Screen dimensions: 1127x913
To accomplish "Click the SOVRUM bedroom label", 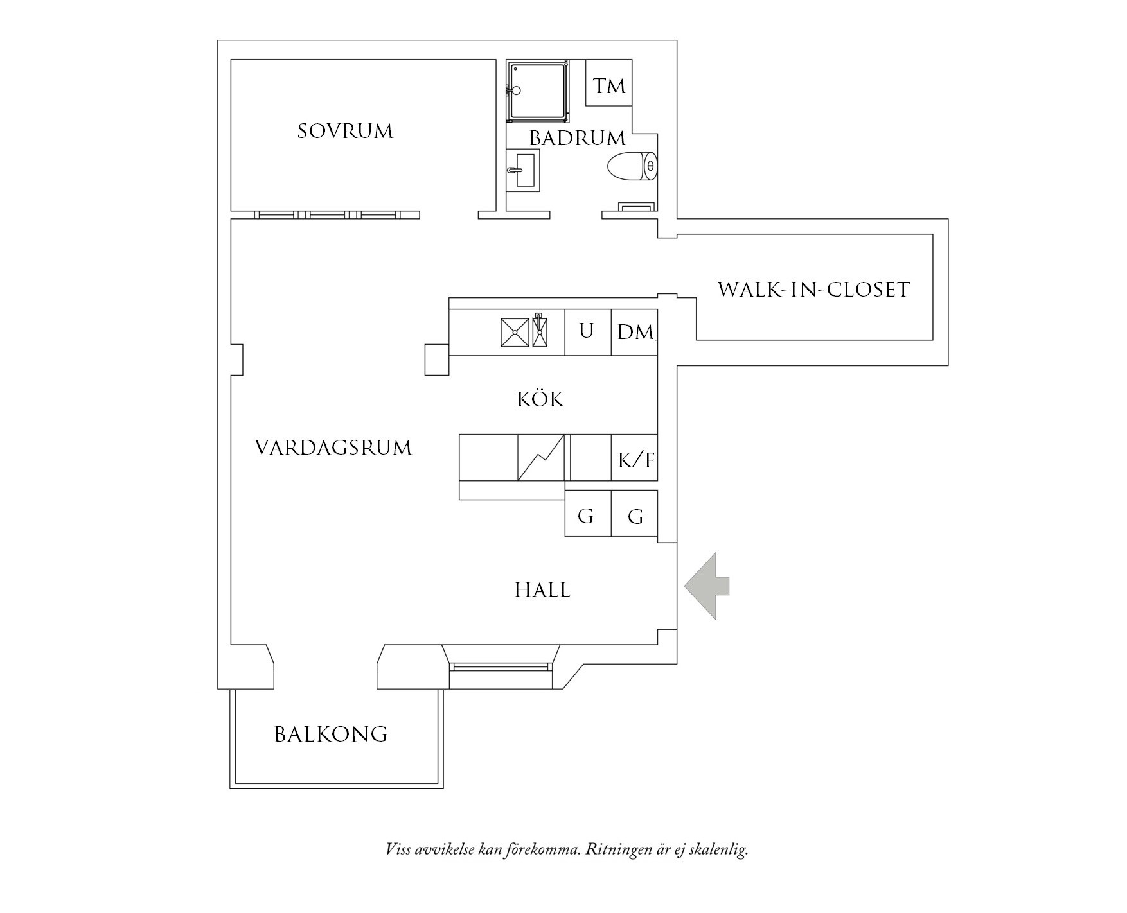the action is tap(345, 132).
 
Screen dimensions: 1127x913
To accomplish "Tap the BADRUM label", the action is tap(577, 138).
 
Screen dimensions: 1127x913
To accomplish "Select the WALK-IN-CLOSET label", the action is tap(813, 290).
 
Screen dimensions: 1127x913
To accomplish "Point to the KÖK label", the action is tap(541, 399).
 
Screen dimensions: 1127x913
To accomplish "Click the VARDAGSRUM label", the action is tap(333, 448).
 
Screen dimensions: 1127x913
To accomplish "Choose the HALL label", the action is tap(543, 591).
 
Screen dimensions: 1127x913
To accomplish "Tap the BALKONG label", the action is tap(331, 734).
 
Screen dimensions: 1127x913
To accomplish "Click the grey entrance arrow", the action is tap(707, 586).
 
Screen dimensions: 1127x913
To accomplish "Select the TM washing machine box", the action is tap(609, 83).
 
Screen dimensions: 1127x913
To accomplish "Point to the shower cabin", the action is tap(537, 91).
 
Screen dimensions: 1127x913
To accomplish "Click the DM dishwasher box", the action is tap(634, 332).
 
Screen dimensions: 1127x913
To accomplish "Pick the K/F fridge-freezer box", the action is tap(634, 458).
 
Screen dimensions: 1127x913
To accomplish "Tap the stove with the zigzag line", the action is tap(541, 458).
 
